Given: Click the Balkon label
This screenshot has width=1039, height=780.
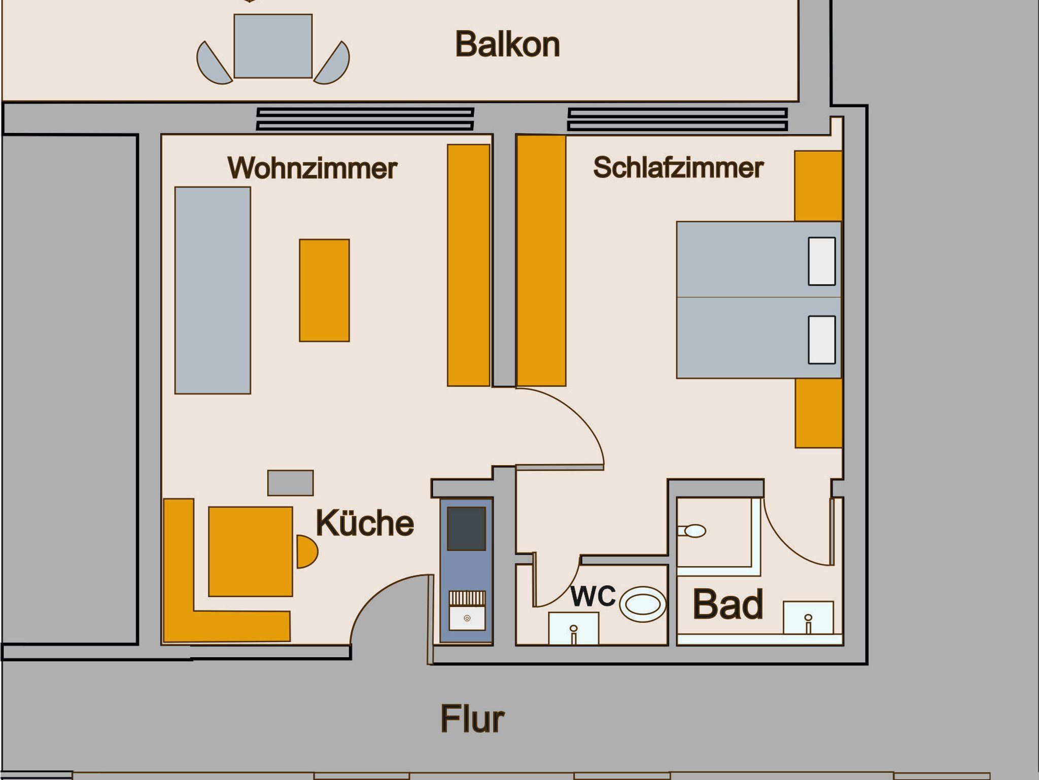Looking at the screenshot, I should [507, 45].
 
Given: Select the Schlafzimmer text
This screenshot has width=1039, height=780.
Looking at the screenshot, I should [678, 168].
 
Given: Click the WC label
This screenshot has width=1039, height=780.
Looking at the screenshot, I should [593, 596].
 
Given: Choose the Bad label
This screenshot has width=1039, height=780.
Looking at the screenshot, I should [728, 604].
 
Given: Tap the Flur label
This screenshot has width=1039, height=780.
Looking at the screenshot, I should [472, 719].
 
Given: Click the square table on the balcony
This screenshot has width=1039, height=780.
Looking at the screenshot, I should [273, 46].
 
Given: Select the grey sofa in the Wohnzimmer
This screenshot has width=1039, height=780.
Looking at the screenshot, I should [213, 290].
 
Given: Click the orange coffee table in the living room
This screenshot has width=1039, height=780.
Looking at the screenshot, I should [324, 290].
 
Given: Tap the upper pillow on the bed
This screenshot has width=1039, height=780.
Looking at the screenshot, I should [821, 261].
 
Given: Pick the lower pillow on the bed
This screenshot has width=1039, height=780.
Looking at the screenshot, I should [821, 340].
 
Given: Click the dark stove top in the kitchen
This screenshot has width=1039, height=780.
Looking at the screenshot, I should [466, 528].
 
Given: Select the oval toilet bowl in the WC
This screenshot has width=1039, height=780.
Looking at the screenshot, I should [643, 605].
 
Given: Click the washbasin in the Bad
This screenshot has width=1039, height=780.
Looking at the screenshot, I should [808, 618].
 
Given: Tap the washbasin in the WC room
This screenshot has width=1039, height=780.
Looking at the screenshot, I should [573, 628].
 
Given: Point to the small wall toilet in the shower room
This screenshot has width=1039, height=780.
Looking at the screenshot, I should [693, 531].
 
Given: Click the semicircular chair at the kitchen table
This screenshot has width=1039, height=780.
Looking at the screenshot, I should [306, 551].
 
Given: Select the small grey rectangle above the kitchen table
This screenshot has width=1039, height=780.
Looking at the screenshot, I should [290, 483].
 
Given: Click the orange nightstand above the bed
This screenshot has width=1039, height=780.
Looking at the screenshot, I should [818, 186].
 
